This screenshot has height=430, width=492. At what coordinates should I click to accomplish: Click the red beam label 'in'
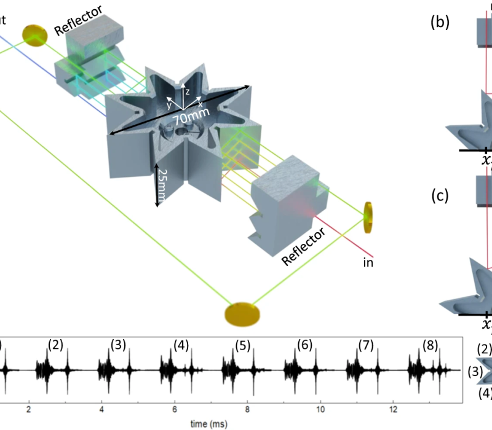(x=368, y=262)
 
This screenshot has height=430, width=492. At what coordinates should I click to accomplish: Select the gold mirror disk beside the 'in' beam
(x=368, y=217)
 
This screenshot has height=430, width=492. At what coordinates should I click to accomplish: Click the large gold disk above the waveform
(x=242, y=313)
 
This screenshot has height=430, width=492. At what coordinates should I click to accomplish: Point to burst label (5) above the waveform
(x=243, y=345)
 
